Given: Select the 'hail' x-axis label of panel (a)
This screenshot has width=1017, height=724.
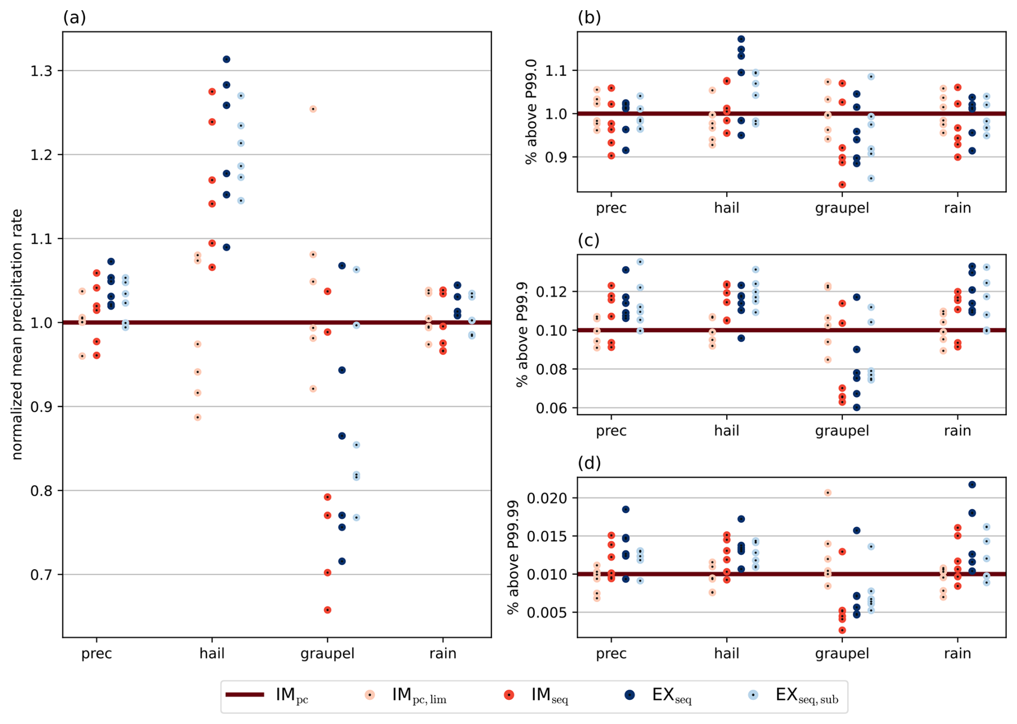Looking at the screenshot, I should click(x=212, y=654).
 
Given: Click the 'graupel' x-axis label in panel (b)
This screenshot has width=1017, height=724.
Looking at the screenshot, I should click(x=842, y=208).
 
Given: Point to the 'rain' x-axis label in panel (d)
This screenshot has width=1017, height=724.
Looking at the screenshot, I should click(x=957, y=654).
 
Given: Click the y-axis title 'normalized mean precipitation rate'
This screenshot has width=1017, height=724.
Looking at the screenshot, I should click(x=17, y=334).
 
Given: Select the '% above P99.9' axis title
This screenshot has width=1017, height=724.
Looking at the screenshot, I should click(x=521, y=334).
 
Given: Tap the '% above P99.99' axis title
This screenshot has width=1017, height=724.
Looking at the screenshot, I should click(x=513, y=557).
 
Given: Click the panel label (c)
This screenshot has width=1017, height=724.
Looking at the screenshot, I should click(x=589, y=240).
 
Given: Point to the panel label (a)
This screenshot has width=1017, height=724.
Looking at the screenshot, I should click(x=74, y=18).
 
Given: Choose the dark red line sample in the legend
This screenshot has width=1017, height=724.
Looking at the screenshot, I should click(x=245, y=694).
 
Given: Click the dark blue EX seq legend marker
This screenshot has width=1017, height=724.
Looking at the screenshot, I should click(x=629, y=695).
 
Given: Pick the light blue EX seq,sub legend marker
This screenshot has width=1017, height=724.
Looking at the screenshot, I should click(x=754, y=695).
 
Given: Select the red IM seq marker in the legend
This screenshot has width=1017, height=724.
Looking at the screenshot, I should click(x=509, y=695).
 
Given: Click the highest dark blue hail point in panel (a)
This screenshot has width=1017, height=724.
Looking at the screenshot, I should click(x=226, y=59).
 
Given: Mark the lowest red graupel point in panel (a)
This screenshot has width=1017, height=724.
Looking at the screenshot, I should click(x=327, y=610).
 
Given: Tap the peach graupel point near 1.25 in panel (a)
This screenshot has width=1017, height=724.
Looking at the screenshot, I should click(x=313, y=109).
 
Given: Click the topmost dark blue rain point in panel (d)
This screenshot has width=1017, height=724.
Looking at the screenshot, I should click(x=972, y=484).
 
